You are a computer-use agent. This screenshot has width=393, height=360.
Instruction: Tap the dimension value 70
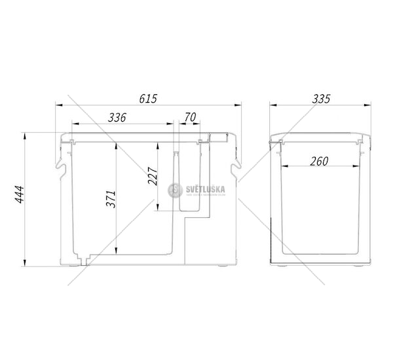click(191, 117)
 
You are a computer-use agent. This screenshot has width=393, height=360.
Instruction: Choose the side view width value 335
click(321, 98)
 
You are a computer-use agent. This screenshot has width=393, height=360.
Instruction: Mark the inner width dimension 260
click(319, 160)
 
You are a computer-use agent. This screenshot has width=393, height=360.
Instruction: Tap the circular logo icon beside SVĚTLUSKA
click(174, 190)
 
